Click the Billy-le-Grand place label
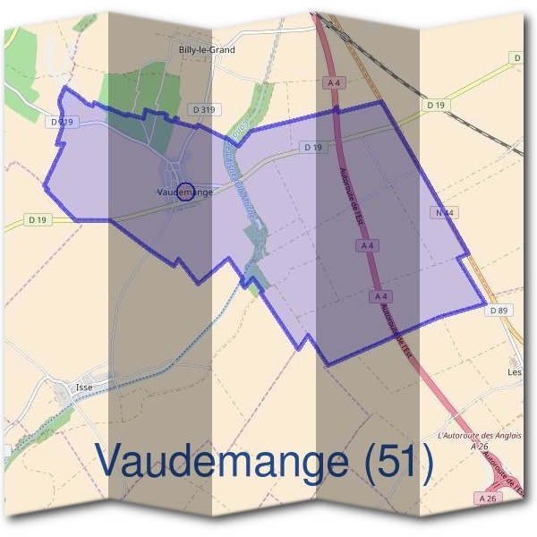pyautogui.click(x=207, y=50)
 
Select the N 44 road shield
pyautogui.click(x=442, y=213)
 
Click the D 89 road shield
pyautogui.click(x=499, y=310)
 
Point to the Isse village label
pyautogui.click(x=85, y=387)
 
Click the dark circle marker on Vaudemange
pyautogui.click(x=185, y=191)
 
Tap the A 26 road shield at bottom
pyautogui.click(x=487, y=498)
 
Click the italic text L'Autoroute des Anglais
pyautogui.click(x=480, y=435)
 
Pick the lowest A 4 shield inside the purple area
pyautogui.click(x=380, y=295)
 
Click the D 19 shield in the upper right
pyautogui.click(x=436, y=105)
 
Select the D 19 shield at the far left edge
pyautogui.click(x=38, y=218)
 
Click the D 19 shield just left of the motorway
pyautogui.click(x=312, y=147)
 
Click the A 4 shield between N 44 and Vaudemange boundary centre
pyautogui.click(x=366, y=244)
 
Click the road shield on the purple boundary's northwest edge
pyautogui.click(x=61, y=121)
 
